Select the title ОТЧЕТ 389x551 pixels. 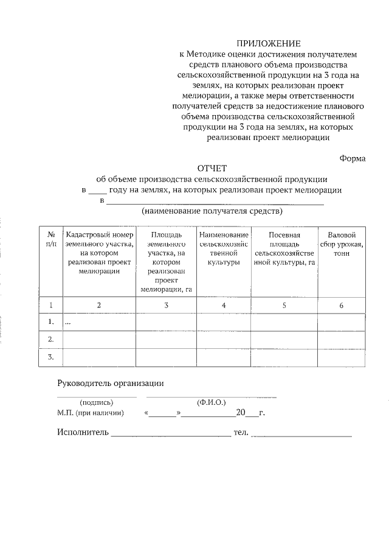(x=212, y=168)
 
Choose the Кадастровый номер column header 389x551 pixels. (x=99, y=253)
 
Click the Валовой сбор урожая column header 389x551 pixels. (x=341, y=244)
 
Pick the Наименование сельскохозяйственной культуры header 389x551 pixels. (x=224, y=248)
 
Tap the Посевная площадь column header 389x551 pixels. (x=284, y=248)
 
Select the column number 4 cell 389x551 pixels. (x=224, y=305)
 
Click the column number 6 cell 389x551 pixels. (x=341, y=305)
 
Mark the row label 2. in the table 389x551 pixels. (x=51, y=339)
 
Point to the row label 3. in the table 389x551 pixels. (x=51, y=357)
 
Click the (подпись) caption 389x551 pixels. (x=96, y=403)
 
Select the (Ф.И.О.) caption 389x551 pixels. (x=211, y=403)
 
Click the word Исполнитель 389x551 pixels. (x=83, y=433)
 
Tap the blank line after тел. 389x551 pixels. (x=301, y=435)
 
